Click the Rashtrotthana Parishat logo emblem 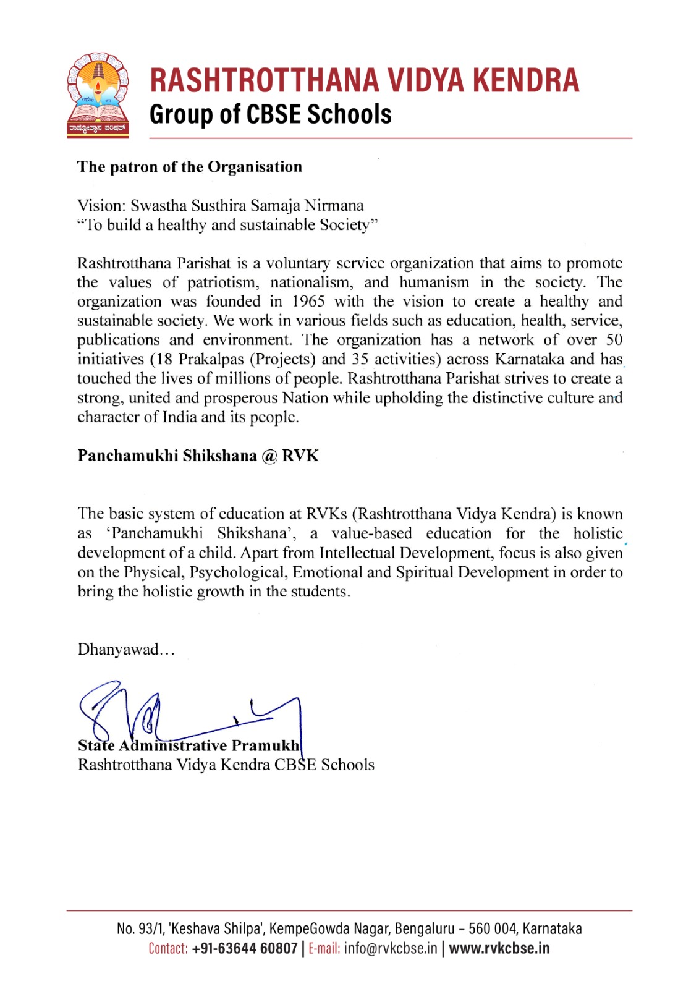[x=98, y=95]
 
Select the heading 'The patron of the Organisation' [x=189, y=167]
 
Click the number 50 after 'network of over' [x=614, y=340]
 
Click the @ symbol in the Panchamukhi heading [x=269, y=456]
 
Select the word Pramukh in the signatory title [x=265, y=746]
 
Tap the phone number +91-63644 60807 [x=245, y=948]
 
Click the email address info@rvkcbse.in [x=391, y=948]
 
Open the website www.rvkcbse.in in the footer [x=499, y=948]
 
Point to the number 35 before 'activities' [x=360, y=359]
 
